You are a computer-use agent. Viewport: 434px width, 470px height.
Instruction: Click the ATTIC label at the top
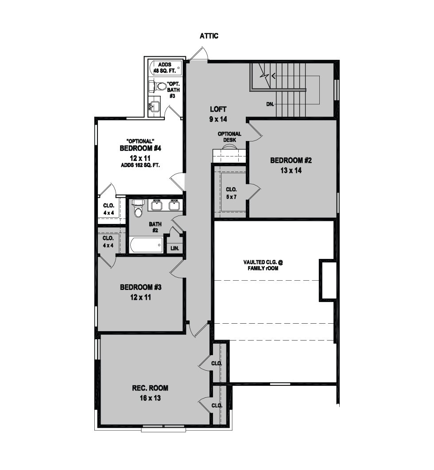tap(209, 36)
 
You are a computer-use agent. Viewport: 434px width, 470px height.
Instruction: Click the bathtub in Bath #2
tap(146, 245)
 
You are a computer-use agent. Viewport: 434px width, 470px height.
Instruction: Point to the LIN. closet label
tap(175, 248)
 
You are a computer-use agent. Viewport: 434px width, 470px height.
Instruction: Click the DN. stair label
tap(270, 104)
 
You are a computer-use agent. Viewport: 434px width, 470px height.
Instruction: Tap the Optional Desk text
tap(229, 137)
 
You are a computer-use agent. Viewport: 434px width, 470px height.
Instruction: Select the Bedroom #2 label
tap(291, 161)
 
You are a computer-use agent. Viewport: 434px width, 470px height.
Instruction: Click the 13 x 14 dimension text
tap(291, 170)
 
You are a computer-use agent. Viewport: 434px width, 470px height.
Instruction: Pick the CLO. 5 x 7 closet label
tap(231, 193)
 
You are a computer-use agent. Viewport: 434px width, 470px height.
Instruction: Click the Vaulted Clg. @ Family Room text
tap(263, 265)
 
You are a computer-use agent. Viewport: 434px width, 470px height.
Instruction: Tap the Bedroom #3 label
tap(141, 287)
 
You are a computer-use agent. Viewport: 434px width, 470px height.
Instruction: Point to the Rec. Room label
tap(150, 388)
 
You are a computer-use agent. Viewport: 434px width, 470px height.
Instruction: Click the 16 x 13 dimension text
tap(150, 398)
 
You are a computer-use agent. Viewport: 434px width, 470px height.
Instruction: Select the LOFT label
tap(218, 109)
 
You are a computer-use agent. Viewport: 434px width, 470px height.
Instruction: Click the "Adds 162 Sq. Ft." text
tap(140, 165)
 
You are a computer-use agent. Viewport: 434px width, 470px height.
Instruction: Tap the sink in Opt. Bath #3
tap(155, 105)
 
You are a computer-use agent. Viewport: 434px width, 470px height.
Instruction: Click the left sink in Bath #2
tap(156, 205)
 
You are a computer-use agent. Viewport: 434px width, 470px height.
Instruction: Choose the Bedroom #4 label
tap(140, 148)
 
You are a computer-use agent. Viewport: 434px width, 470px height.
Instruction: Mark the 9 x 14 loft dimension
tap(218, 119)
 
